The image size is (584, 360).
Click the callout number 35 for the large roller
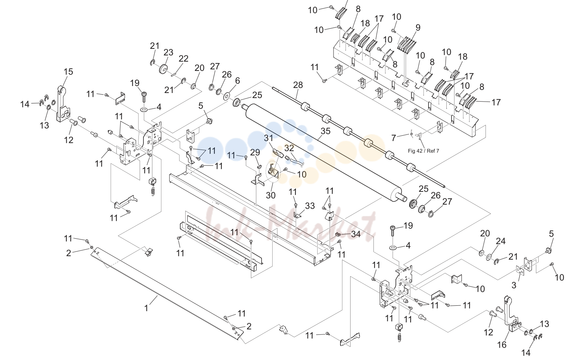325,131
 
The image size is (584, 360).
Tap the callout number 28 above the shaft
298,85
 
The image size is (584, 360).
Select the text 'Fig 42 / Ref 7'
423,151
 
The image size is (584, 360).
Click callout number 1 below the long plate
146,308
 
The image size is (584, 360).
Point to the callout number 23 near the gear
168,52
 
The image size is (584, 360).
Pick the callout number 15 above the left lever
68,72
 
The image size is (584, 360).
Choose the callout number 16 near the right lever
502,344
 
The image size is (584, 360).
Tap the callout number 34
356,234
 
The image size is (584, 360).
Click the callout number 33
310,206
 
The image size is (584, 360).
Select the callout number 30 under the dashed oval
271,195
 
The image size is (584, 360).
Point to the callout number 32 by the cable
289,148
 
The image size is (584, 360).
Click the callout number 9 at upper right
418,28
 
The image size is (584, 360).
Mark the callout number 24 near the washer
500,241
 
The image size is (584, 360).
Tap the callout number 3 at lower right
513,285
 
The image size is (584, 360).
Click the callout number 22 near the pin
183,59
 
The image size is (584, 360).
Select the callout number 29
255,152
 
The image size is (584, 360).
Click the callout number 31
268,138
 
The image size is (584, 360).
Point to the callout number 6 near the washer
237,81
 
